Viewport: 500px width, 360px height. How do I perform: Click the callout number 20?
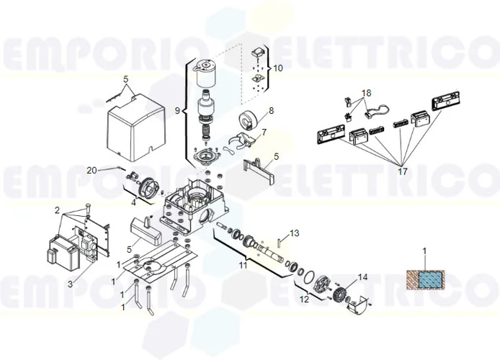91,170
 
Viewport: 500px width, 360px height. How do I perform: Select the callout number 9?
177,111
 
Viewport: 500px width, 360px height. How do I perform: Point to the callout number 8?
271,111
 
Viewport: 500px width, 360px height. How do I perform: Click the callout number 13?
293,233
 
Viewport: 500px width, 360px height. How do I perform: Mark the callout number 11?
243,266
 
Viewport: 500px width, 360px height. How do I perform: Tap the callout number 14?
362,276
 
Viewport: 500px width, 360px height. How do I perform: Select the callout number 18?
367,94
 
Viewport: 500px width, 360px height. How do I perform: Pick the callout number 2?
57,210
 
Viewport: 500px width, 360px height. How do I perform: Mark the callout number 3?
70,284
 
